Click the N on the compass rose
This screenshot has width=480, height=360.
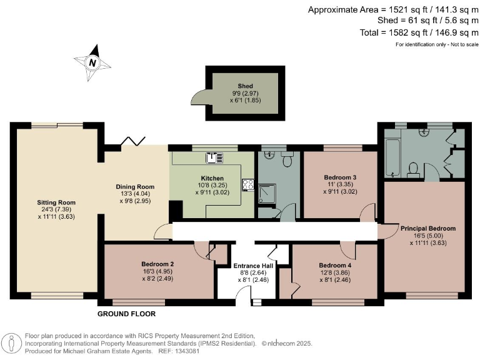click(92, 63)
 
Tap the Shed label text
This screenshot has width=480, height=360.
click(245, 86)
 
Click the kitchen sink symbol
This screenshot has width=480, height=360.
click(214, 158)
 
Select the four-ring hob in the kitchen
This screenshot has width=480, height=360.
click(248, 185)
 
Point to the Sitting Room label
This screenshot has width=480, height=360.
click(56, 202)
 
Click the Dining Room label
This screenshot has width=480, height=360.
click(135, 187)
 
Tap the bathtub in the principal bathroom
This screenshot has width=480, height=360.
click(392, 158)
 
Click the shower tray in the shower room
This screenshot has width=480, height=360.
click(267, 194)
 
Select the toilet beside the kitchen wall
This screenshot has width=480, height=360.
click(287, 159)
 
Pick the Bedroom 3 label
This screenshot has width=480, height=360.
click(340, 177)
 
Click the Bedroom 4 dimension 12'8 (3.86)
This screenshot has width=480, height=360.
click(335, 272)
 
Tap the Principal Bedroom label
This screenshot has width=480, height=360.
click(428, 228)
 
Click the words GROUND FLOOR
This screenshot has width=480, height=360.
click(126, 314)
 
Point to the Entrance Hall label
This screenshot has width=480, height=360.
click(253, 266)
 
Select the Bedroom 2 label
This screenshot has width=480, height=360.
click(157, 264)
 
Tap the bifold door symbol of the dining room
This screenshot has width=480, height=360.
click(134, 141)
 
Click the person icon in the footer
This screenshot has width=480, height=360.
click(12, 343)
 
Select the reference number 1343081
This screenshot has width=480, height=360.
click(187, 351)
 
